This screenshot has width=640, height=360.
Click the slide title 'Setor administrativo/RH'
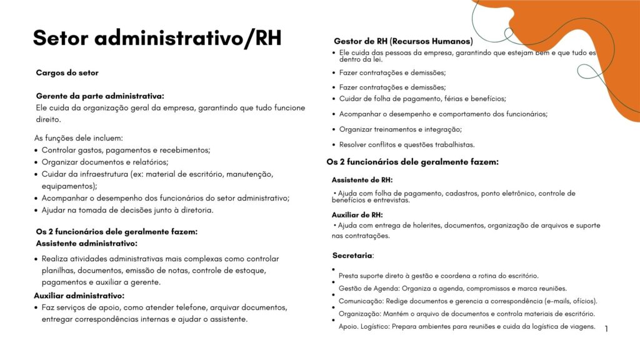157,38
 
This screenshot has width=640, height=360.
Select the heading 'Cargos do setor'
67,72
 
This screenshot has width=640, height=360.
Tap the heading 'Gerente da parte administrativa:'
100,96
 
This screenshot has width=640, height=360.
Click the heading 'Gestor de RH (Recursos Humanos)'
403,41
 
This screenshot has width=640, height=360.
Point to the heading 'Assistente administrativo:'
86,243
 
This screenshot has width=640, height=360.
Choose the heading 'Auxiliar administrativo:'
79,296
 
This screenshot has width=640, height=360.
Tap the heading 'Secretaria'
352,256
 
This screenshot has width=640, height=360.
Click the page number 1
606,328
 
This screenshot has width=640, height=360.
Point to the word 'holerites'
422,225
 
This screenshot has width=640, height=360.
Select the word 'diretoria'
194,210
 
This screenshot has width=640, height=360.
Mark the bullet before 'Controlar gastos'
36,151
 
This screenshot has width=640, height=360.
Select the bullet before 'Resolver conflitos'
333,144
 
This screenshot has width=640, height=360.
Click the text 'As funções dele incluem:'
79,138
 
